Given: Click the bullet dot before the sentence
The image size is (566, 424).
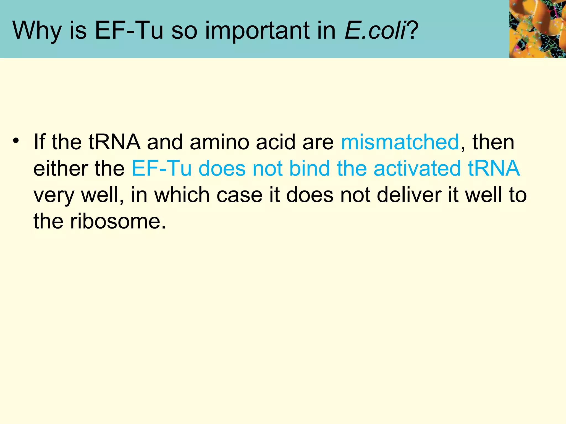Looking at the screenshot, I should (16, 140).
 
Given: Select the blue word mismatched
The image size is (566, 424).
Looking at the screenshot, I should (400, 142).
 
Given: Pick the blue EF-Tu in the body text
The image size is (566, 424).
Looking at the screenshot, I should (161, 168).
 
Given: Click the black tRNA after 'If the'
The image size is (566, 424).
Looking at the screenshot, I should (114, 142).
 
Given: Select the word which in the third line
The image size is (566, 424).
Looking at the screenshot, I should (182, 195).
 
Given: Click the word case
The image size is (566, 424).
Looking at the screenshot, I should (239, 195).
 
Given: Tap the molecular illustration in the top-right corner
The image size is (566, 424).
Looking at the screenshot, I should (538, 29).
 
